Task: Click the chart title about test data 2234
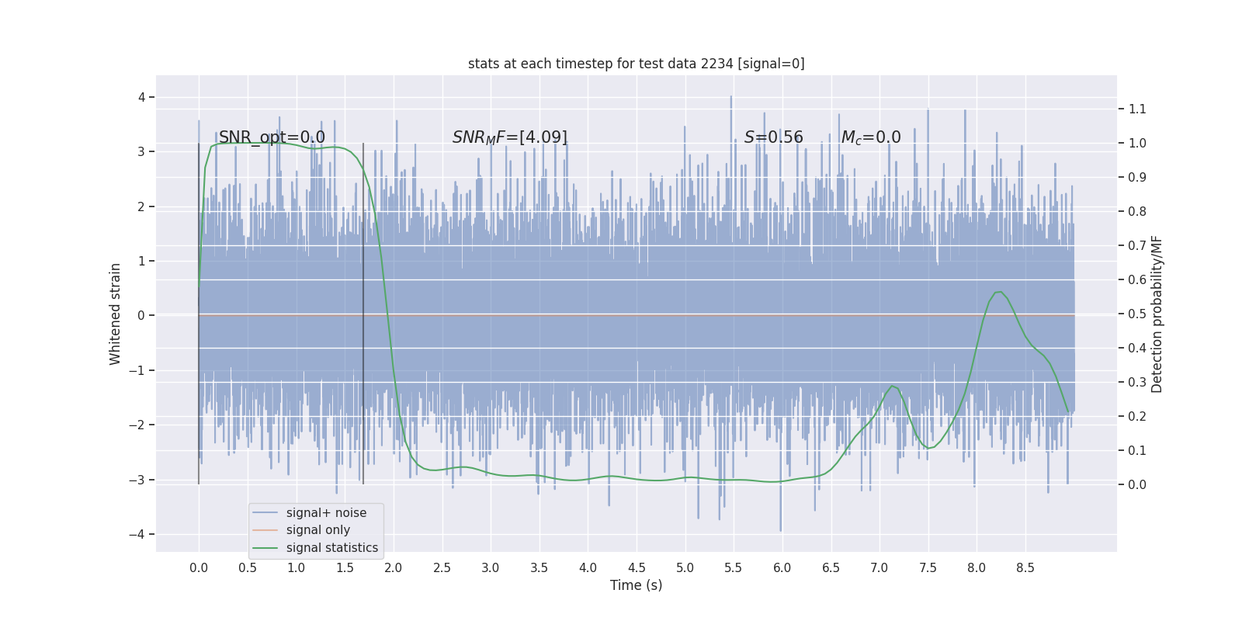click(636, 64)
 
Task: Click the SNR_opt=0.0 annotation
click(272, 137)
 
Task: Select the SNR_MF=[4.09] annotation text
click(510, 137)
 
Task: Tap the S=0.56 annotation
click(773, 137)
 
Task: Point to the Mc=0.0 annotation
click(871, 137)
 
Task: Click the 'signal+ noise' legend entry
click(326, 513)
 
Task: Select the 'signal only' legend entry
click(317, 530)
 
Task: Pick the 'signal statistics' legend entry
click(331, 548)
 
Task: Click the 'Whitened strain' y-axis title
click(116, 314)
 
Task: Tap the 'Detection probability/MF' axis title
click(1157, 314)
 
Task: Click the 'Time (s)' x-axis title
click(636, 585)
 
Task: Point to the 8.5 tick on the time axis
click(1025, 567)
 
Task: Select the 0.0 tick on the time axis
click(199, 567)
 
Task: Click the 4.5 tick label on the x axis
click(637, 567)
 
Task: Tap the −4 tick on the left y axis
click(137, 534)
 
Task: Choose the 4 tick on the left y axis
click(142, 97)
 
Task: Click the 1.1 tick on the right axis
click(1137, 109)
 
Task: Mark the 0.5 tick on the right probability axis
click(1137, 314)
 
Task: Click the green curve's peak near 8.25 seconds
click(999, 292)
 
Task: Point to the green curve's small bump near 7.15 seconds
click(893, 386)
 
